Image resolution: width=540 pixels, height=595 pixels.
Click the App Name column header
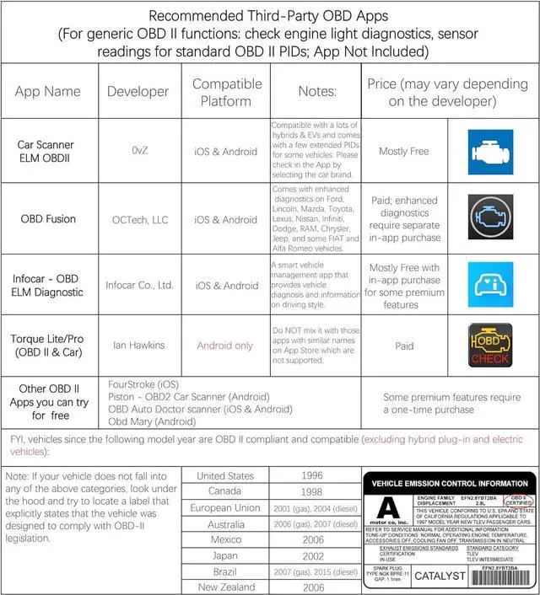[48, 91]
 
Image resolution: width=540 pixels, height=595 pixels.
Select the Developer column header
[138, 91]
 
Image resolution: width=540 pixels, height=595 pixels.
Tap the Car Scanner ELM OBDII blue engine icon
[491, 152]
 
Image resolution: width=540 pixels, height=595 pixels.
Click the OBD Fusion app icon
[491, 218]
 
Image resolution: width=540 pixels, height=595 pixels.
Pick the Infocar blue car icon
[491, 284]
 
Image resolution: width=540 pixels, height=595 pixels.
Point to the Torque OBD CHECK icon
[491, 345]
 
